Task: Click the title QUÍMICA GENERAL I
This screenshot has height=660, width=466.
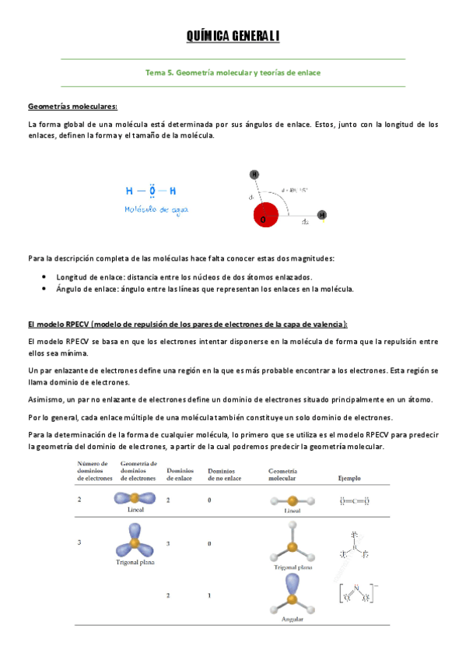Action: (x=233, y=37)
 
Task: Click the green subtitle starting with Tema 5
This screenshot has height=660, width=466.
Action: (x=233, y=72)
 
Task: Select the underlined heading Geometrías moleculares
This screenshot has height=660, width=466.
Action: (x=72, y=106)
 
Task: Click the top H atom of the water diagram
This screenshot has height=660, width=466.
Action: (x=254, y=174)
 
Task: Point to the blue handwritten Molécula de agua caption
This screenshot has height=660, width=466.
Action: (x=156, y=209)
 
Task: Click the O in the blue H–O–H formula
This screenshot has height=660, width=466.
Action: (x=152, y=190)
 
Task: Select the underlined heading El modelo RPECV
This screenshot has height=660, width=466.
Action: (x=187, y=324)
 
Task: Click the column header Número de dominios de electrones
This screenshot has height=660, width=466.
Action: (x=94, y=470)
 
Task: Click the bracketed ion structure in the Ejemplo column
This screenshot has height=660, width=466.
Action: (x=357, y=594)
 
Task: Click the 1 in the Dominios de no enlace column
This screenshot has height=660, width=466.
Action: (x=210, y=595)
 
